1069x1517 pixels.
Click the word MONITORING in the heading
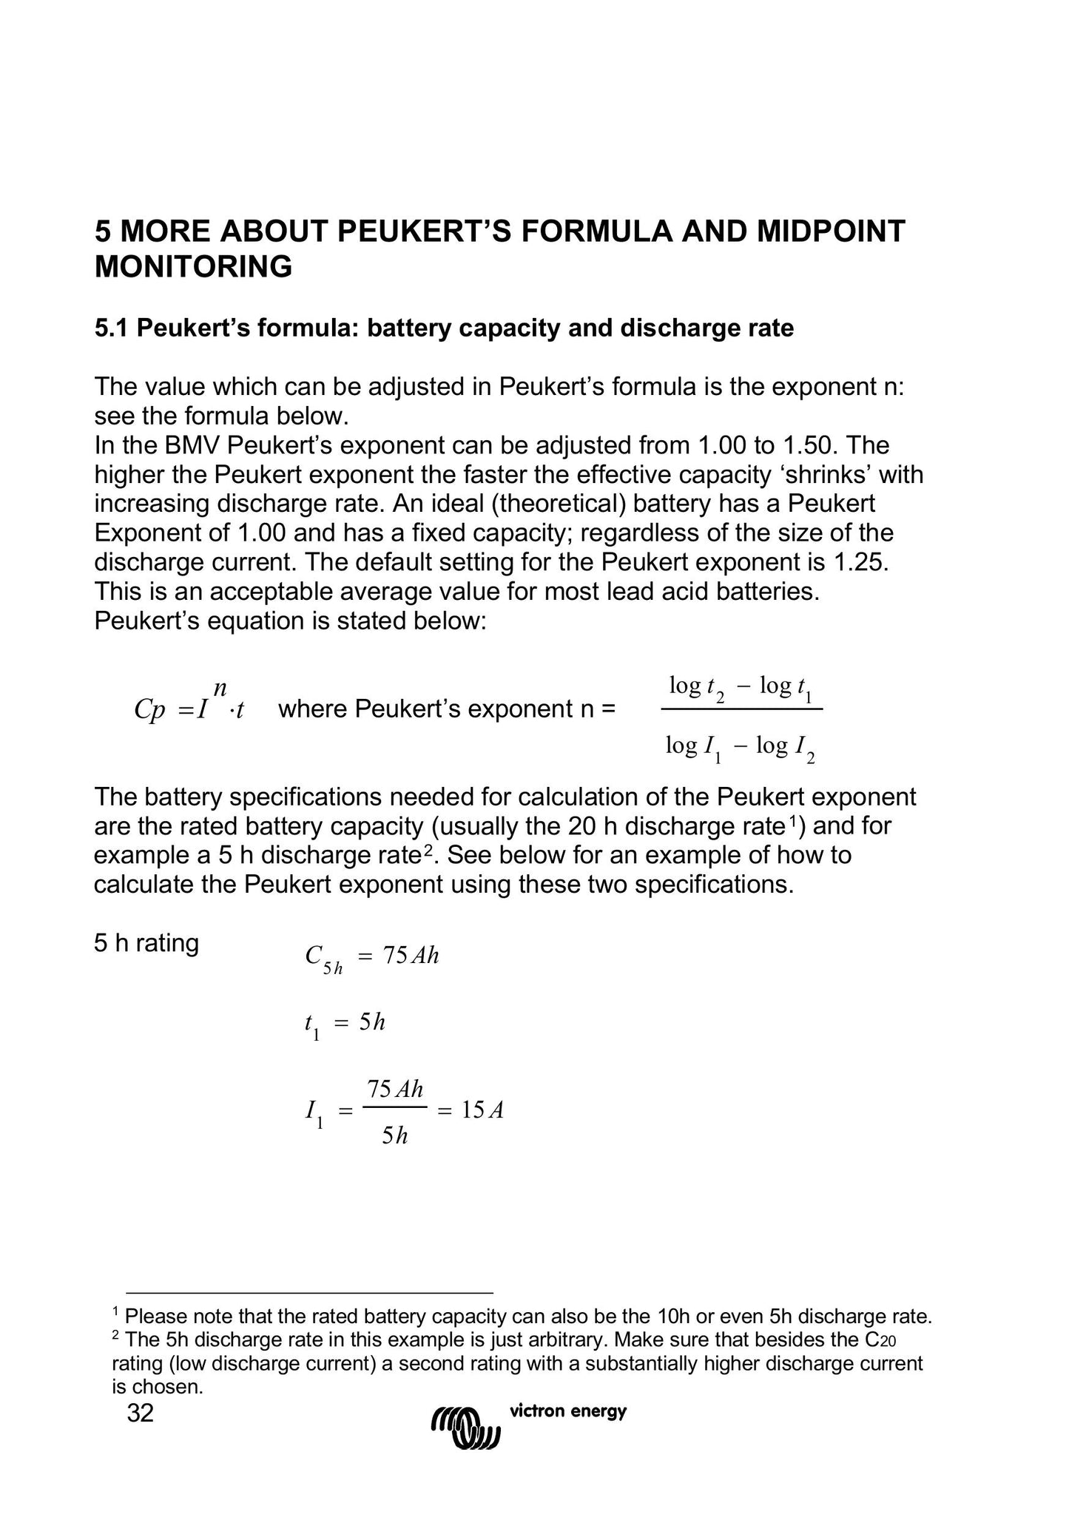point(193,267)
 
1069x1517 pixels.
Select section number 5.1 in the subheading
point(112,328)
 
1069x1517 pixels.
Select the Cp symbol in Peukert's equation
point(149,710)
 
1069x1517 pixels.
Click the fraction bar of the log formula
point(741,709)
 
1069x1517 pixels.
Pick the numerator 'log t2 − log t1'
point(741,688)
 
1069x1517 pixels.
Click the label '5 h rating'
point(146,944)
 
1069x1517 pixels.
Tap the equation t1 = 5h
point(345,1024)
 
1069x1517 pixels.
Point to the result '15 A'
point(482,1110)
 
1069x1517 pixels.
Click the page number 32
point(141,1413)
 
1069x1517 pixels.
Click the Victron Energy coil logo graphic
point(466,1424)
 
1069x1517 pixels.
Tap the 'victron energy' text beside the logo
point(568,1411)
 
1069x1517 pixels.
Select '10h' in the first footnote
point(671,1317)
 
